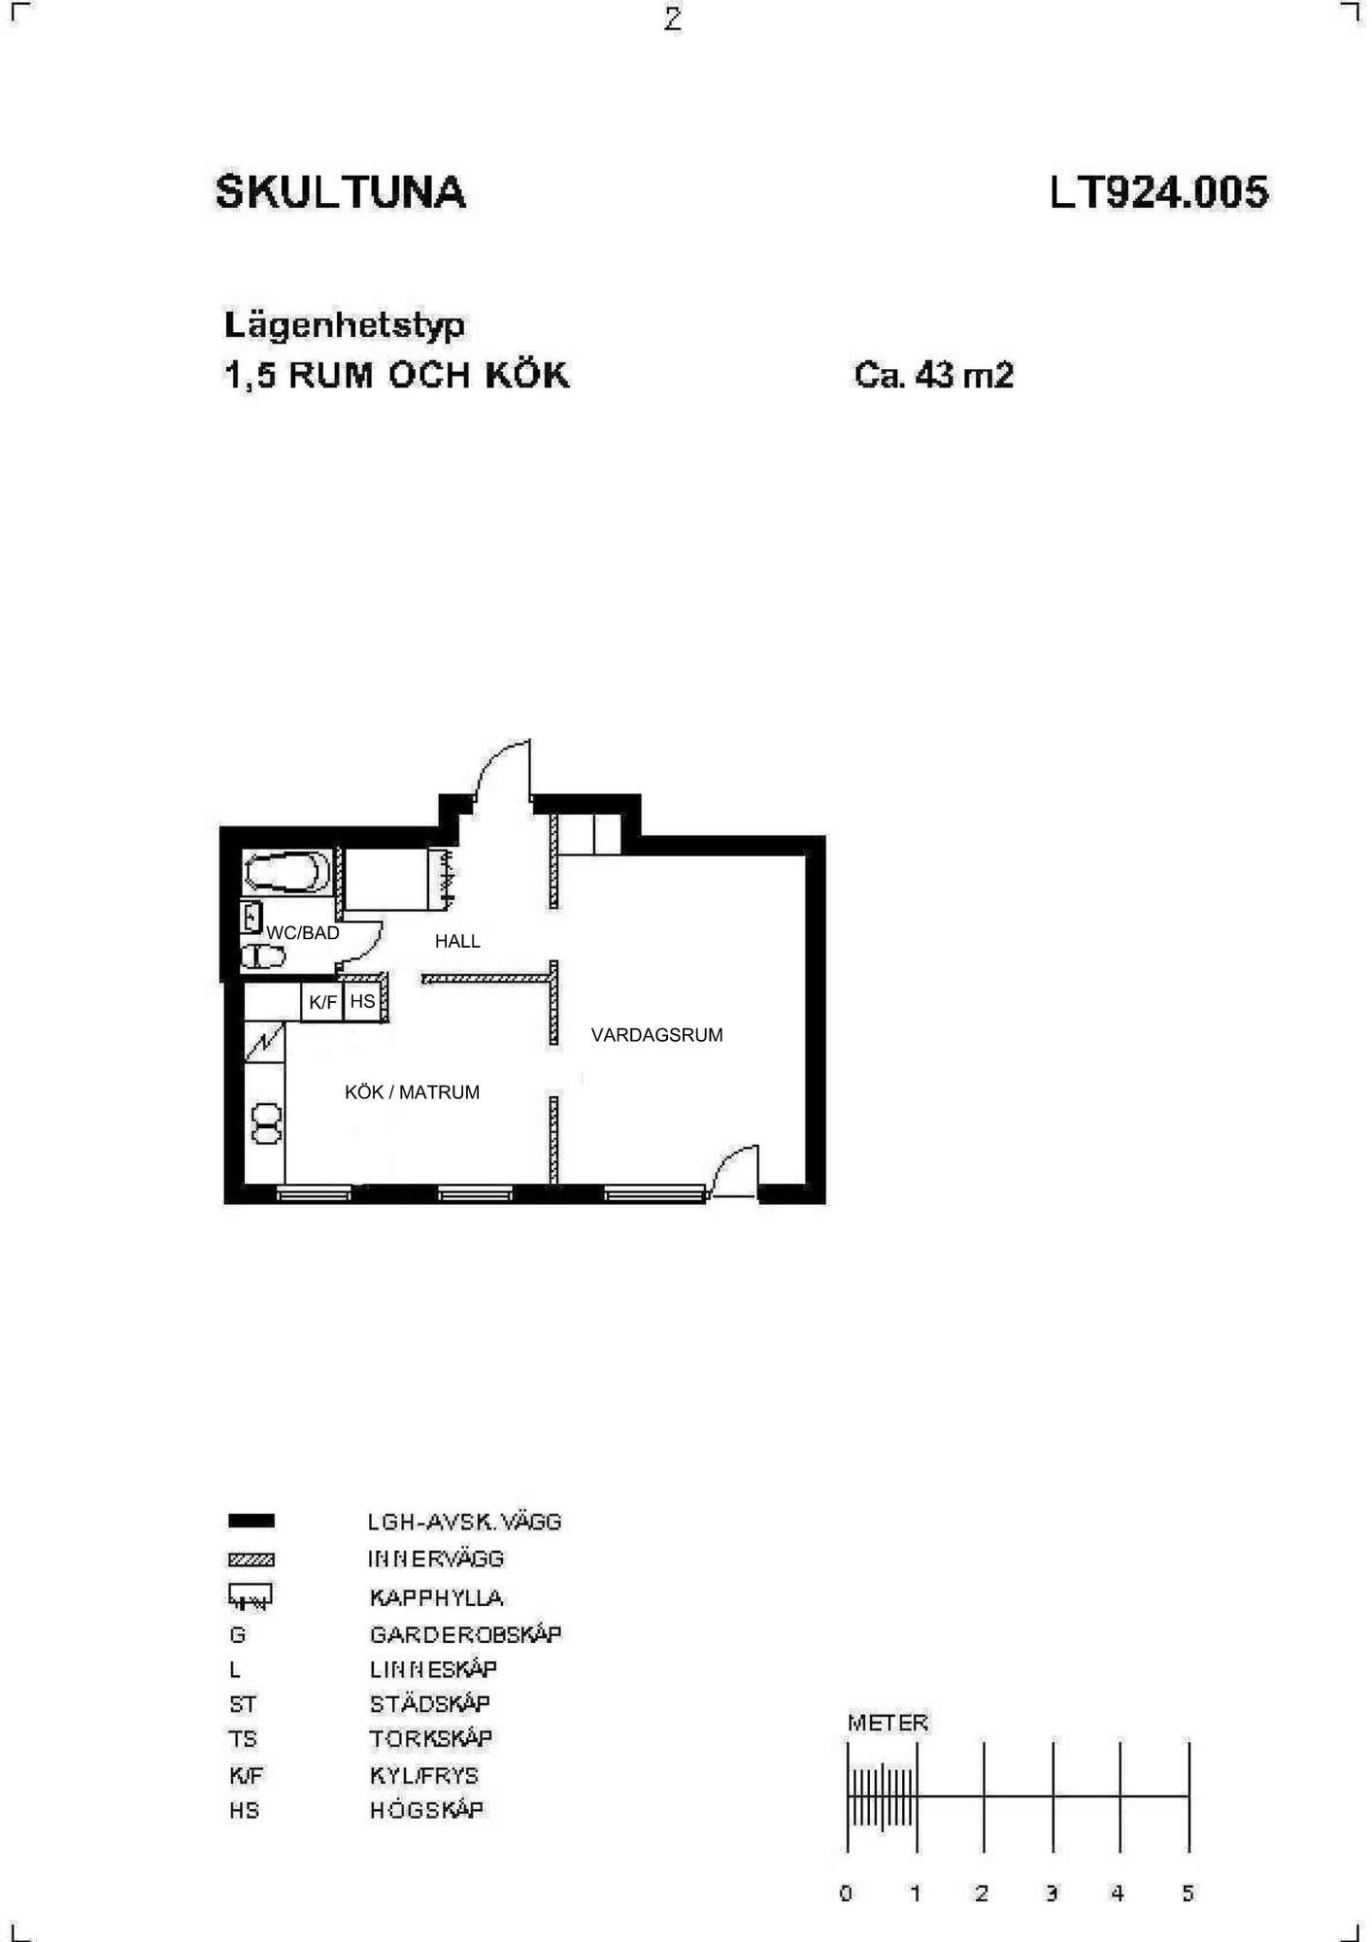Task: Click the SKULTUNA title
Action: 341,192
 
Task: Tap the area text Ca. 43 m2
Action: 934,375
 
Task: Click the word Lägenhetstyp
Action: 345,325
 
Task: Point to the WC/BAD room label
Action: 303,933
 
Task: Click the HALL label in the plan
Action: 457,941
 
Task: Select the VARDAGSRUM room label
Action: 657,1035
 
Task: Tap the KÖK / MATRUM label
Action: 413,1092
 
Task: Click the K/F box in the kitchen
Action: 322,1002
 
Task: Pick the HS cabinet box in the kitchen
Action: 363,1001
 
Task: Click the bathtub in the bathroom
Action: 287,872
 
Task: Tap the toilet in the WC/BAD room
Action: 263,956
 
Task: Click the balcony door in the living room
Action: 734,1170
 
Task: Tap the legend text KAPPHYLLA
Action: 436,1597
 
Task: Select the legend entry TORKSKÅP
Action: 430,1738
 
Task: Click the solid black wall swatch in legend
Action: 251,1522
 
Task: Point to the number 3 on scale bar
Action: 1052,1892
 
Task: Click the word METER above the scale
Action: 887,1723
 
